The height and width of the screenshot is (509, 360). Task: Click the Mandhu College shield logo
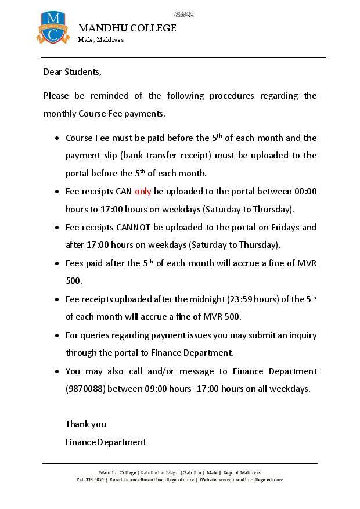(x=52, y=27)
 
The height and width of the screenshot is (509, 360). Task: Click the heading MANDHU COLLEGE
(x=127, y=28)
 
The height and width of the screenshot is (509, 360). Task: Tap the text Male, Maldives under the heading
(x=101, y=39)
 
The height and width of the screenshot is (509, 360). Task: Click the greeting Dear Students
(x=73, y=72)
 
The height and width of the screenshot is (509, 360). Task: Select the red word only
(x=143, y=191)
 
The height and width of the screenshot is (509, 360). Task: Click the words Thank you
(x=86, y=424)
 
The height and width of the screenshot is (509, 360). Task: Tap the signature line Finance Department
(x=106, y=442)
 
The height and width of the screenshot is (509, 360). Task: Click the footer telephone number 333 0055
(x=94, y=480)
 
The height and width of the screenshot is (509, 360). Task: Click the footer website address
(x=251, y=480)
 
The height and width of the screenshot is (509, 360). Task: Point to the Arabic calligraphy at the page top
(x=183, y=14)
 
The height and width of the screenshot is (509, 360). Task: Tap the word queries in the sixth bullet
(x=98, y=335)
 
